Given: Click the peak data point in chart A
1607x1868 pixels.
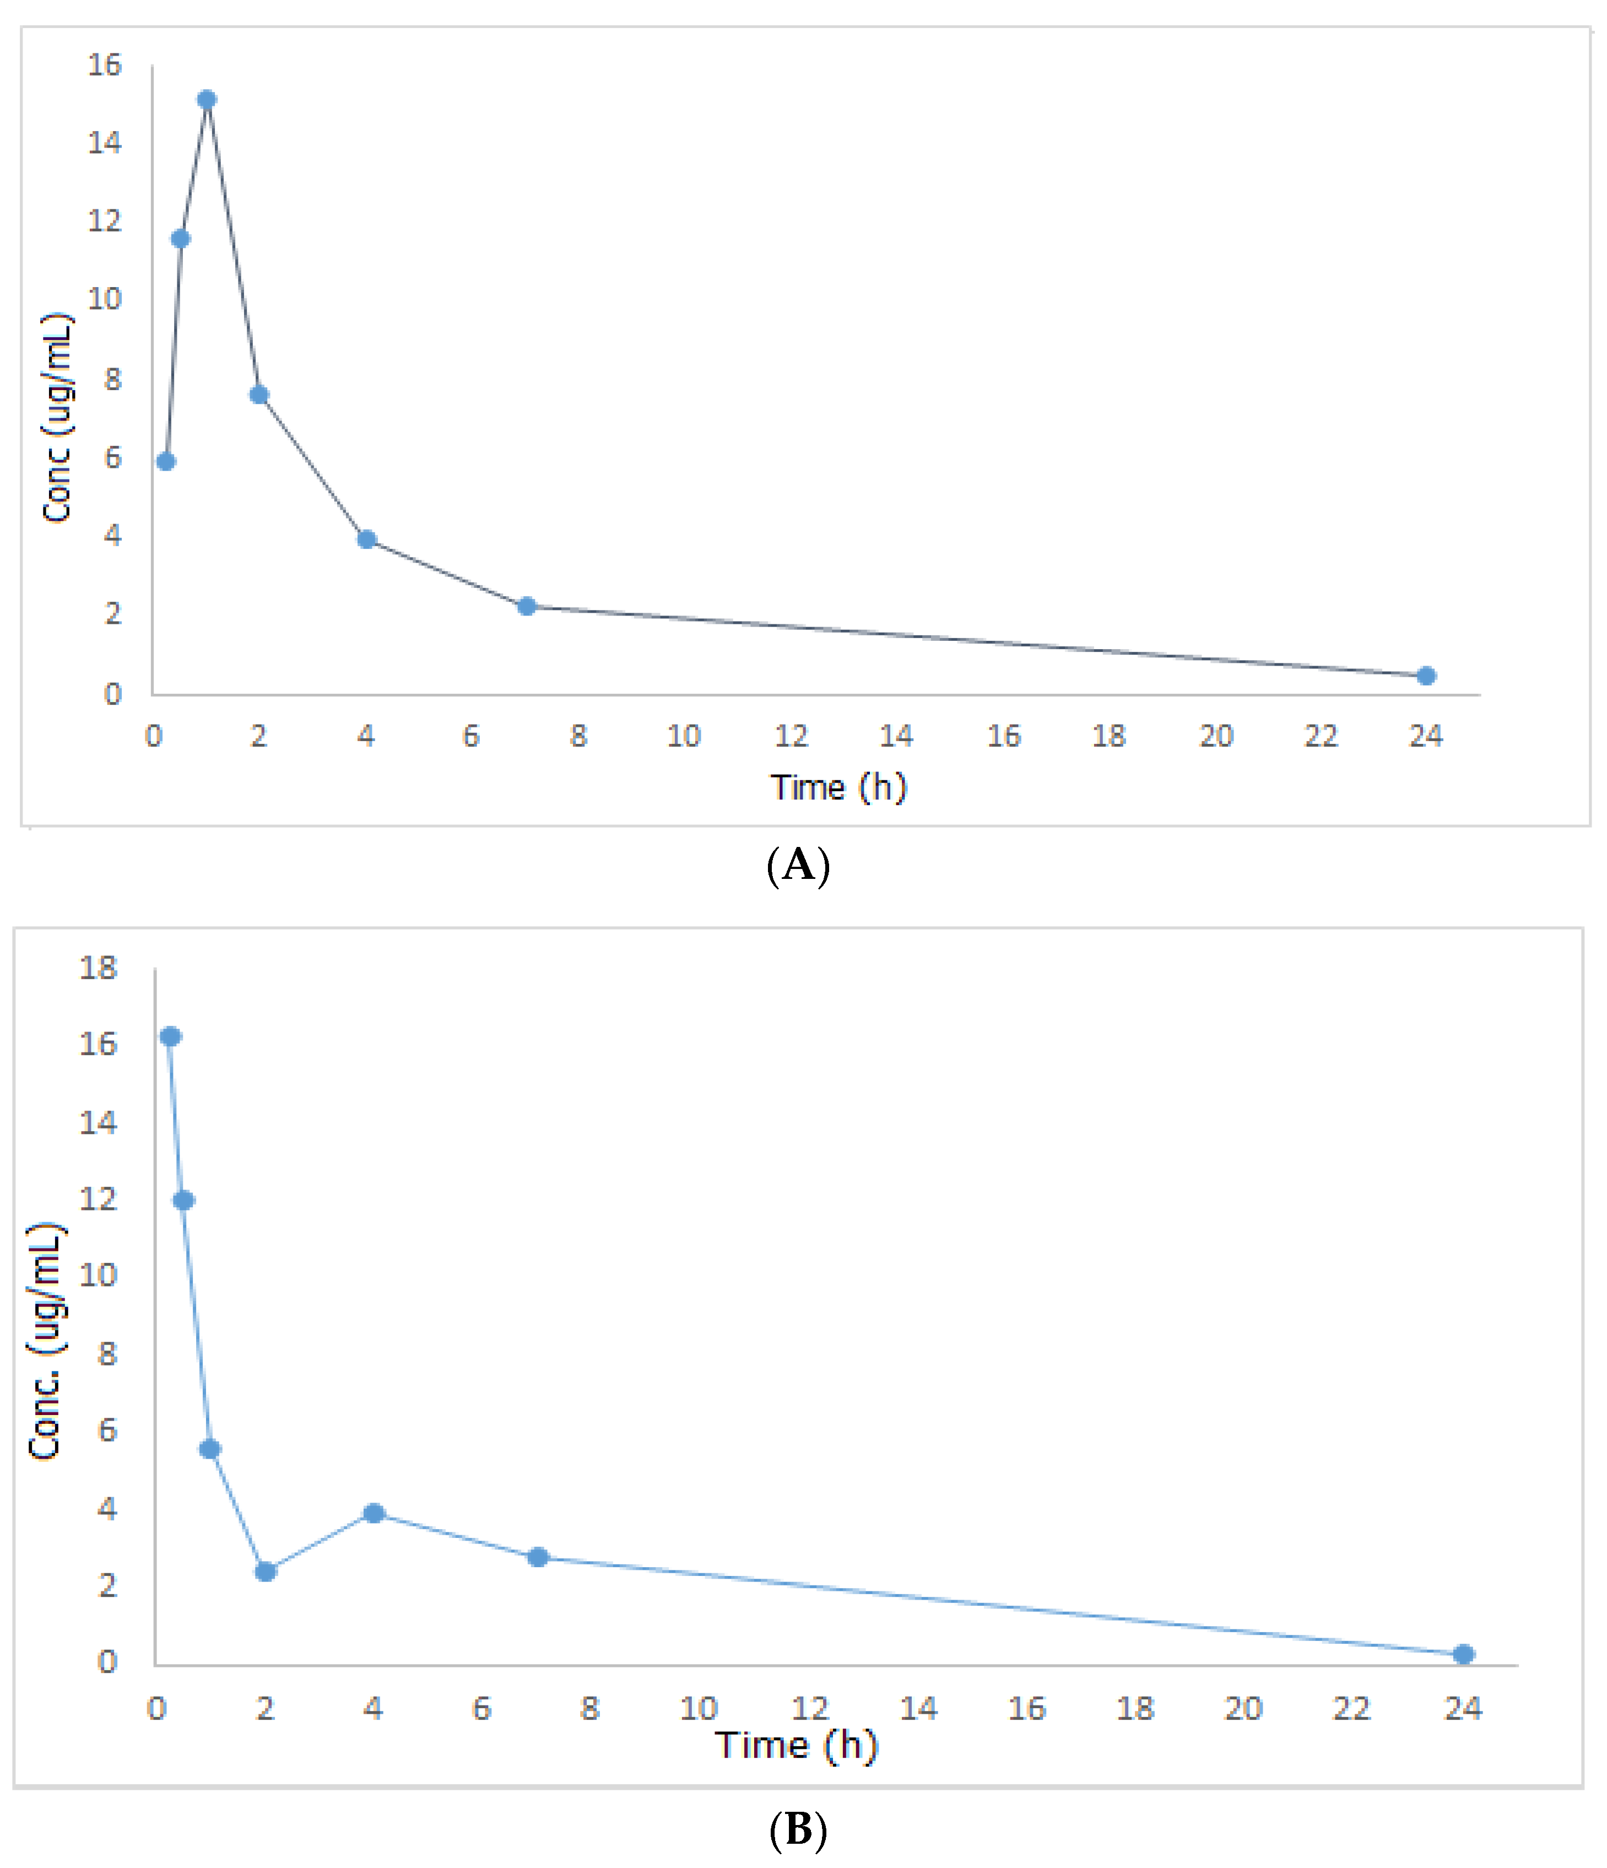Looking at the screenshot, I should tap(207, 99).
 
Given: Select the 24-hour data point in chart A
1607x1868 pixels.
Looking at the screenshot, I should tap(1426, 675).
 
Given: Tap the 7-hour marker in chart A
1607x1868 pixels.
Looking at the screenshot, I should tap(527, 606).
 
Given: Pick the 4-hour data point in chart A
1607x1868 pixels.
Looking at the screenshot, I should tap(366, 539).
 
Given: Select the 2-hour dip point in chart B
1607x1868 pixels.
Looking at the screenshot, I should tap(265, 1572).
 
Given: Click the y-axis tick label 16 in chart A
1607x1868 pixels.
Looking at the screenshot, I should tap(104, 65).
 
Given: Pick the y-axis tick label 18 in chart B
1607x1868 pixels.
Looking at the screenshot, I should tap(98, 968).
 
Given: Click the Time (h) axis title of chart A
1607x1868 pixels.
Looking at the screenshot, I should tap(838, 787).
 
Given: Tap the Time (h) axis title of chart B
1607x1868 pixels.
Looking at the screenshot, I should tap(797, 1745).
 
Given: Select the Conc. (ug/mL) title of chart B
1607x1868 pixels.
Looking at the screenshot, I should tap(45, 1342).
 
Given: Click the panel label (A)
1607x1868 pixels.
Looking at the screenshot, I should tap(798, 866).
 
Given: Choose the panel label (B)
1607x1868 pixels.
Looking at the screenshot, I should tap(798, 1829).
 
